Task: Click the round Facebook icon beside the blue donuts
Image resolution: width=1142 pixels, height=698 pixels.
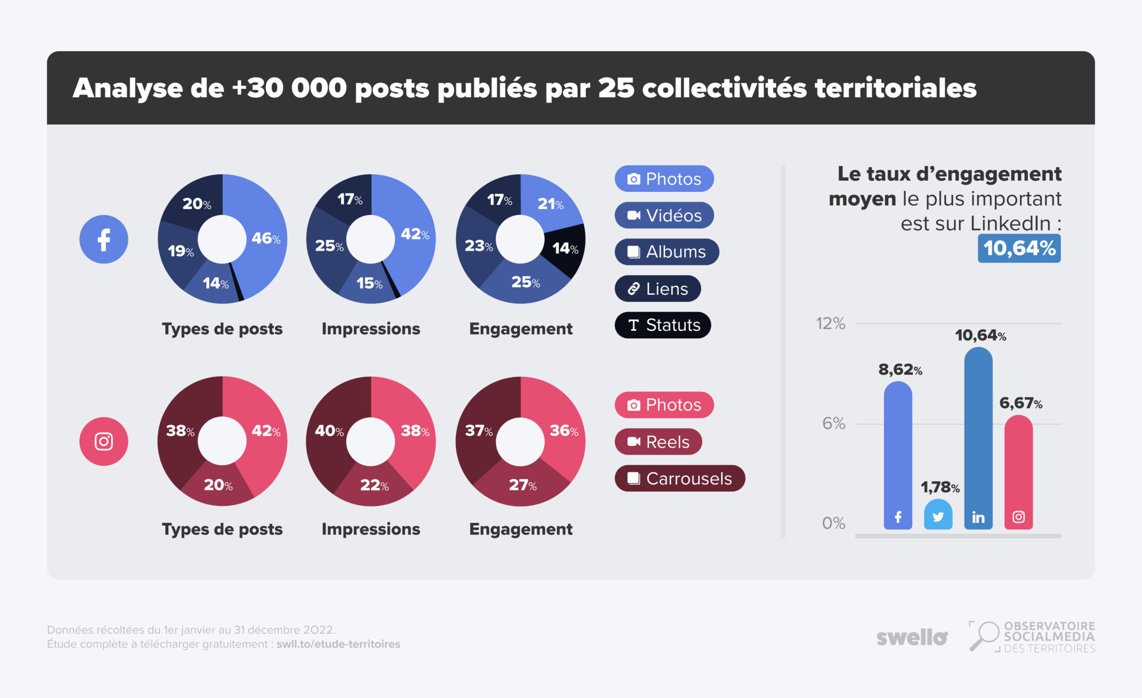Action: point(103,239)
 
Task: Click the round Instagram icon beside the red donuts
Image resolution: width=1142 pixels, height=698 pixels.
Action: point(103,441)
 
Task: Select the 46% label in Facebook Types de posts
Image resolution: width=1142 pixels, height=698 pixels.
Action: point(265,238)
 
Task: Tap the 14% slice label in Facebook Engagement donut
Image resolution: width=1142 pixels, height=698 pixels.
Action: point(565,248)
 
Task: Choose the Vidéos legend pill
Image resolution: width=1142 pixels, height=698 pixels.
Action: point(664,215)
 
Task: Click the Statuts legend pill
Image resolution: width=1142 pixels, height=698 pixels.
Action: point(662,325)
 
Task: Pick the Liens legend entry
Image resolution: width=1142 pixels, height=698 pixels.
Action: point(657,288)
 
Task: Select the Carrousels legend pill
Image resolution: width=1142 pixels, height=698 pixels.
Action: point(679,478)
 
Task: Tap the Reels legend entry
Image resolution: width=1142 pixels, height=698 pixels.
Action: point(658,442)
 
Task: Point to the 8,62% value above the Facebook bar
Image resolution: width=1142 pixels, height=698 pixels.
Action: point(900,369)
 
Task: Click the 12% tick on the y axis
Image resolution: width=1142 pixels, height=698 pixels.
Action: point(831,323)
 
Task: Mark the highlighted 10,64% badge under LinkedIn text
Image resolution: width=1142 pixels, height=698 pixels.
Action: point(1019,248)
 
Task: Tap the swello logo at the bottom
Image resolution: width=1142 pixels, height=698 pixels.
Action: point(912,637)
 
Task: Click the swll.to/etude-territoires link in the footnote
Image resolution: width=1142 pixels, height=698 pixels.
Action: point(338,644)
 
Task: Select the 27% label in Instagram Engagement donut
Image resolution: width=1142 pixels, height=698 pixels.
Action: point(522,485)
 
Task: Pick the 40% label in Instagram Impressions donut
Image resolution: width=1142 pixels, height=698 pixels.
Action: point(329,431)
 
